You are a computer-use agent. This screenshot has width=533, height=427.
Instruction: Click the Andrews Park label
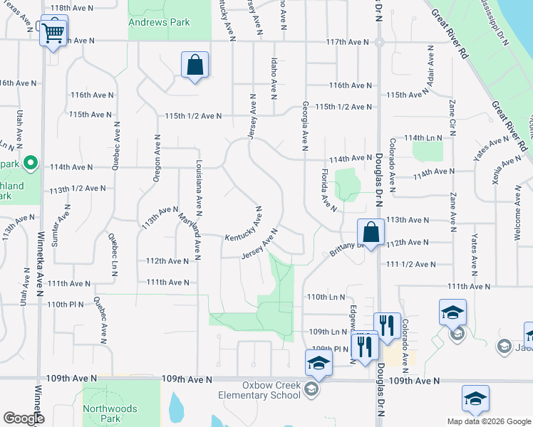159,22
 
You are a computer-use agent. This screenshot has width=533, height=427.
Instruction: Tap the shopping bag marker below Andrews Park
195,65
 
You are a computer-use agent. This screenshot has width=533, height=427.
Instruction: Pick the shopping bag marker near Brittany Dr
371,232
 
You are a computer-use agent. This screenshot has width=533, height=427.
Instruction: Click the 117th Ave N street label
348,43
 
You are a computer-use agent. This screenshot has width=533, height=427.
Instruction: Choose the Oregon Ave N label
157,158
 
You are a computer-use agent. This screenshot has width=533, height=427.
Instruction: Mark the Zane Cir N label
452,117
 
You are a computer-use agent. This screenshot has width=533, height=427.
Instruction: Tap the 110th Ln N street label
325,297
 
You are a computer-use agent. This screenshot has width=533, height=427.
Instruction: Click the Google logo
23,418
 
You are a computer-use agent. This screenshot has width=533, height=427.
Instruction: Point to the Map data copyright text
489,421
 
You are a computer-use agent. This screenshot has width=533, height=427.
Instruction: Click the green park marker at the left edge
29,163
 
